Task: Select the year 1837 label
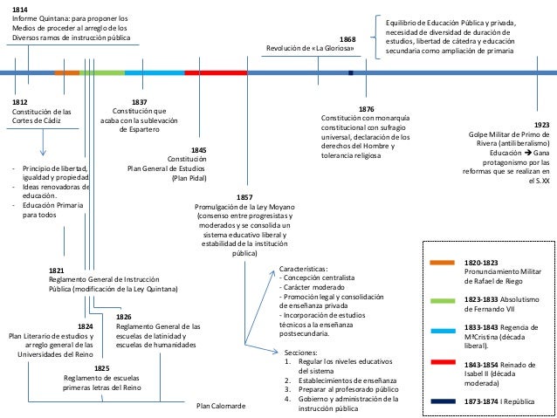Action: pyautogui.click(x=138, y=101)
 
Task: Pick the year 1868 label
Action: pyautogui.click(x=347, y=39)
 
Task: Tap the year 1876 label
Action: pyautogui.click(x=366, y=109)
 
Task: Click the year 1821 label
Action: pyautogui.click(x=58, y=271)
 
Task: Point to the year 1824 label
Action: pyautogui.click(x=86, y=325)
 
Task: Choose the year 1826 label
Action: pyautogui.click(x=124, y=317)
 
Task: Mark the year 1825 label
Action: pyautogui.click(x=101, y=367)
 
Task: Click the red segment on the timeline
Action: pyautogui.click(x=215, y=72)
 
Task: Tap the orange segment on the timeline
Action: pyautogui.click(x=67, y=72)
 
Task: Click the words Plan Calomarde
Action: pyautogui.click(x=220, y=407)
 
